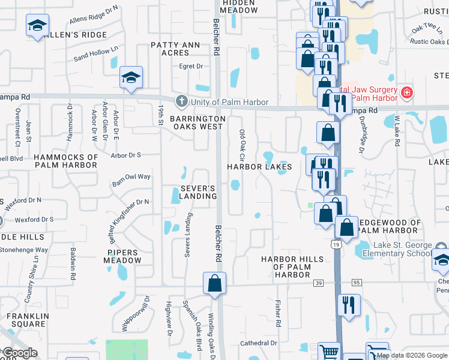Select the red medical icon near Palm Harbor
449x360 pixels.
point(407,92)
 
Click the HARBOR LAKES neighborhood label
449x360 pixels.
point(259,166)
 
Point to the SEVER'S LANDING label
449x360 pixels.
point(198,192)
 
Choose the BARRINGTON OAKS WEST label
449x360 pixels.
point(197,122)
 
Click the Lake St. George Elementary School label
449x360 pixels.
point(402,249)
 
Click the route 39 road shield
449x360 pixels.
point(319,282)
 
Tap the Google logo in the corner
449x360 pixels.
point(20,353)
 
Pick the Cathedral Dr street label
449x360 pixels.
point(258,343)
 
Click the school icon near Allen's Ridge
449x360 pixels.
point(37,26)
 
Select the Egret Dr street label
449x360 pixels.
point(191,66)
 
